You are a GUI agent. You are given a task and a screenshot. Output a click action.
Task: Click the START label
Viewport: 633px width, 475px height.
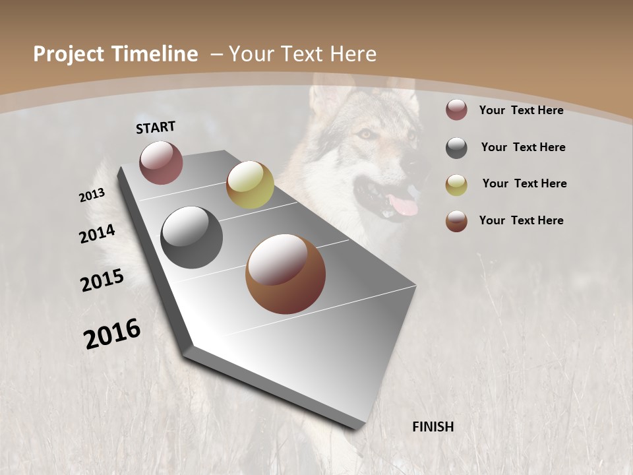156,127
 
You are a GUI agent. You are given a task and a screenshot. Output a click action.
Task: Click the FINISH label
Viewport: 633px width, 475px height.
433,427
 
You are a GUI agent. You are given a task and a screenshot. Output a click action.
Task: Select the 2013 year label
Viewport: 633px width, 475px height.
92,195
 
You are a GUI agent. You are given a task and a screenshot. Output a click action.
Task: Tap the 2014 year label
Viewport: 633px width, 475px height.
98,234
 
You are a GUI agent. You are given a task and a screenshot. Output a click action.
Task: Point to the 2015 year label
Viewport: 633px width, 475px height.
102,280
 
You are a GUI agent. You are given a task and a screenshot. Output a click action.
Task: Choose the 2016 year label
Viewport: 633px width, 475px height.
112,334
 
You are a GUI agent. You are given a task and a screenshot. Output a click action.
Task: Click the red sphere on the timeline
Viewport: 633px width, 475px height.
161,162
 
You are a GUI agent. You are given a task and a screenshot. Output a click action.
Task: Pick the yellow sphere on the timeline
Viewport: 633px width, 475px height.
250,185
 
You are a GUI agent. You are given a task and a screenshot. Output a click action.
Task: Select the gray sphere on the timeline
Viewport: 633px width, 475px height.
192,237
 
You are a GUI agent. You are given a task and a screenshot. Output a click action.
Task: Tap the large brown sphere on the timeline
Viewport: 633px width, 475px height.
286,274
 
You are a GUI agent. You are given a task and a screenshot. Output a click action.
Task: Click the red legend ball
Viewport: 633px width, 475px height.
456,110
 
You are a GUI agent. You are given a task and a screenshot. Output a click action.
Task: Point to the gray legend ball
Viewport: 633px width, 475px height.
456,148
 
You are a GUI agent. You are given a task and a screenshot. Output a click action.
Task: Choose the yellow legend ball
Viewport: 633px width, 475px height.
456,185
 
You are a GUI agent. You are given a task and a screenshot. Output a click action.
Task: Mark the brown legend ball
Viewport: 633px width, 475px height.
456,221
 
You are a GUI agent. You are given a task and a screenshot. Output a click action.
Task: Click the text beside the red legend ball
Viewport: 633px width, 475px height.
521,110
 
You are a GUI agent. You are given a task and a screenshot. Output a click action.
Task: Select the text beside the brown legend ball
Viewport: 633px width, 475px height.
521,220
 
